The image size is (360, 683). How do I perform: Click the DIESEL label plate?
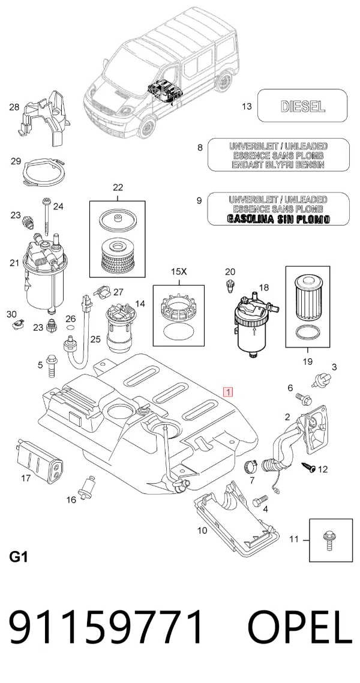(x=302, y=106)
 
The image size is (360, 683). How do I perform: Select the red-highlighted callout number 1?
(x=228, y=391)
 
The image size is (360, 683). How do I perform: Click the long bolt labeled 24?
(x=46, y=218)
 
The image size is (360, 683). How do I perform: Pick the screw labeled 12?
(x=309, y=468)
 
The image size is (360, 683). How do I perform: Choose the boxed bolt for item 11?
(x=328, y=541)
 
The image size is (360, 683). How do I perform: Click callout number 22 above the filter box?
(x=118, y=188)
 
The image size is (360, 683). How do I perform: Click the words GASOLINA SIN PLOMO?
(x=278, y=218)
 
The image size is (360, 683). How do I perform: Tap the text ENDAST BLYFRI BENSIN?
(x=278, y=164)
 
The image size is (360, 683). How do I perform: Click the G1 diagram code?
(x=18, y=556)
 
